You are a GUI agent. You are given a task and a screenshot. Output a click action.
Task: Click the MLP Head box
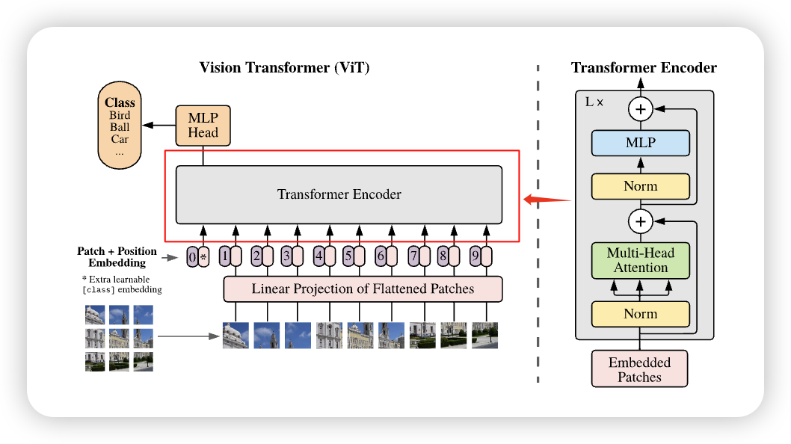click(203, 125)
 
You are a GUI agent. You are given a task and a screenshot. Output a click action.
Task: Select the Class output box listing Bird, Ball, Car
click(120, 126)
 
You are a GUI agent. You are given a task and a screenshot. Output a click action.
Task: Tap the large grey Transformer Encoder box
click(339, 194)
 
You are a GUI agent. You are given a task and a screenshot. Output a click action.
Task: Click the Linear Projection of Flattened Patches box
click(363, 289)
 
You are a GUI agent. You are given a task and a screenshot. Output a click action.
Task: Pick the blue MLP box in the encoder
click(640, 142)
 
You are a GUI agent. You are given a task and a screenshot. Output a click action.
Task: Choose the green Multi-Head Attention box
click(640, 260)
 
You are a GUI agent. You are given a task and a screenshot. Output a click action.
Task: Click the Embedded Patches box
click(639, 369)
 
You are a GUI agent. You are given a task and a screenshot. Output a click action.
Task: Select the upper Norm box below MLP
click(640, 186)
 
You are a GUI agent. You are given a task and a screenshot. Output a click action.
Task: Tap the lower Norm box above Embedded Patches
click(640, 314)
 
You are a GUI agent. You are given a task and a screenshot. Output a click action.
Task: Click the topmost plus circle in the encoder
click(640, 110)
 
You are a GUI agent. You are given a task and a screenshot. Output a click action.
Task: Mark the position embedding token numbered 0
click(192, 258)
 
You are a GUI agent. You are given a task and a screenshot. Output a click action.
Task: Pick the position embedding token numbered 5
click(348, 256)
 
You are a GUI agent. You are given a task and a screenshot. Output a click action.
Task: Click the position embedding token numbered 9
click(475, 256)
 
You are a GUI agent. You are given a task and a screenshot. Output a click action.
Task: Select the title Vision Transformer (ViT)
click(284, 68)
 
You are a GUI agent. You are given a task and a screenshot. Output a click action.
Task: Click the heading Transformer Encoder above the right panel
click(644, 68)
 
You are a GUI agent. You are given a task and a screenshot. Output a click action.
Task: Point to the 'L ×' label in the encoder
click(594, 101)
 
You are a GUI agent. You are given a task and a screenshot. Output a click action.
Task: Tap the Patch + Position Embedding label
click(117, 256)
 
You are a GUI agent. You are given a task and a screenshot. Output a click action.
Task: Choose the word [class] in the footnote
click(99, 289)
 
